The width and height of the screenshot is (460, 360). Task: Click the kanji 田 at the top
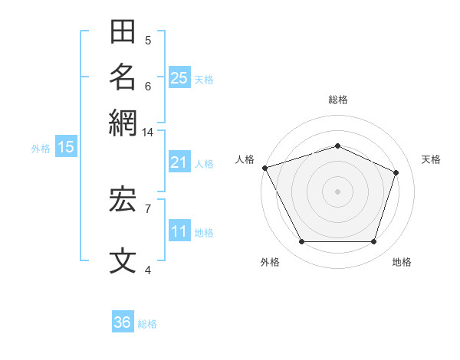123,31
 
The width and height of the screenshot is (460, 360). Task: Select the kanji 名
123,77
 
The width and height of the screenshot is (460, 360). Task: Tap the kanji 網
123,123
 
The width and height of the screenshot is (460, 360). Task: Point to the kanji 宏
123,200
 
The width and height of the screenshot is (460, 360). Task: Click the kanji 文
123,260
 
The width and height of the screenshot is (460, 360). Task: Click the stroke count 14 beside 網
147,133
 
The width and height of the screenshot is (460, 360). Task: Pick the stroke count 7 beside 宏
148,209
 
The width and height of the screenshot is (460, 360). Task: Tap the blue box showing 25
179,77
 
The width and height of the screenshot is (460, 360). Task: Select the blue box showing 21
179,162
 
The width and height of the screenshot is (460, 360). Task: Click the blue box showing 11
179,230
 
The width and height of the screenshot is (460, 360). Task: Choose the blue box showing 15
66,146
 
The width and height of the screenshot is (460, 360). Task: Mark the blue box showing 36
123,321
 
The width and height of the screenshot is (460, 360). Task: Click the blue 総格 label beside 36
147,324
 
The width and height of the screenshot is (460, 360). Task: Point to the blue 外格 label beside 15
41,149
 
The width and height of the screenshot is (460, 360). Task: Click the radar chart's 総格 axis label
338,100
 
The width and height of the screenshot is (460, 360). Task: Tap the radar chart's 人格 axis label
245,159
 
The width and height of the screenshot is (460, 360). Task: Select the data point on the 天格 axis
396,172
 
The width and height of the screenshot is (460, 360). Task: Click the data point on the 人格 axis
265,168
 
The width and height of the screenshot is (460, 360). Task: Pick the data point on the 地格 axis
373,241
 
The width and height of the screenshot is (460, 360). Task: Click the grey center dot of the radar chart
337,191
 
